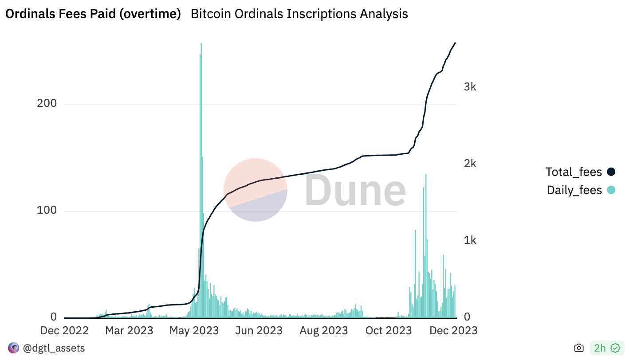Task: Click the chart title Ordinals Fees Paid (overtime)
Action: point(93,14)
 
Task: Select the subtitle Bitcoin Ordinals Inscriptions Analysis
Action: point(299,14)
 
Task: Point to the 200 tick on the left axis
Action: point(47,104)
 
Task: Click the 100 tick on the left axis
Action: point(47,210)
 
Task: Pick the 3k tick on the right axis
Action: point(470,87)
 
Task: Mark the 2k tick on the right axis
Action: point(470,164)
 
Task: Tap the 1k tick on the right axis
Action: point(470,240)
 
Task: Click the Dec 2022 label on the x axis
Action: point(64,331)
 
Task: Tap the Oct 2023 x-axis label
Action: point(389,331)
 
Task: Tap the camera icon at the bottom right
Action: point(579,348)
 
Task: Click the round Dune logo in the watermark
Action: point(255,190)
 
